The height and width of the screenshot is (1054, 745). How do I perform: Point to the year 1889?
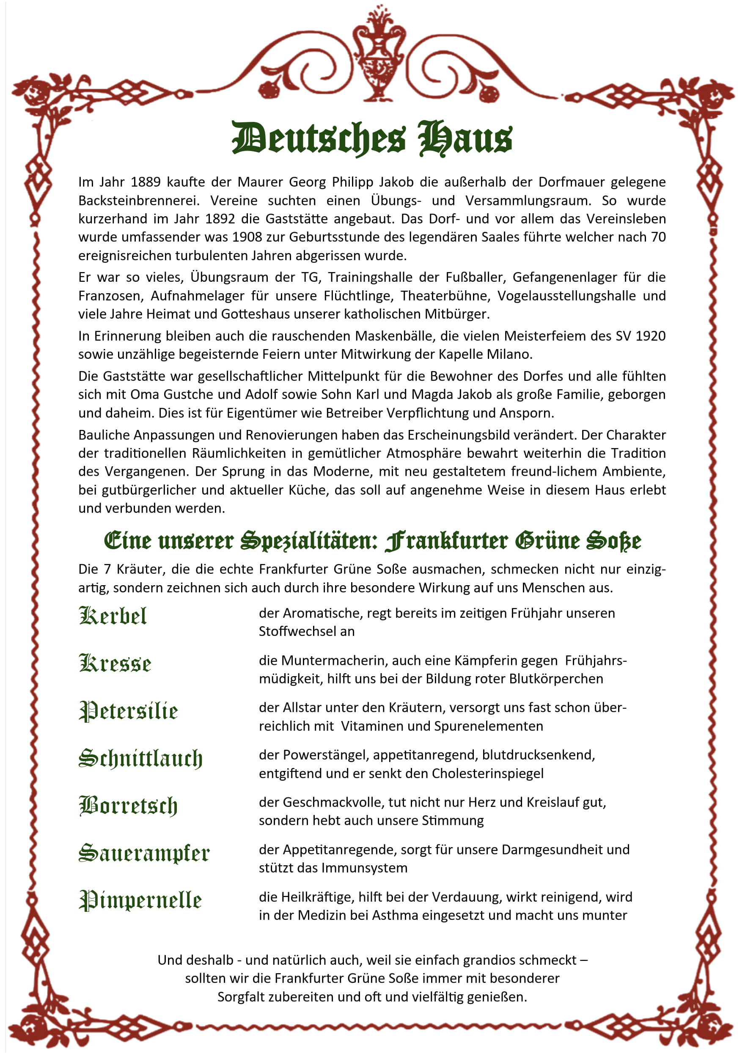click(146, 182)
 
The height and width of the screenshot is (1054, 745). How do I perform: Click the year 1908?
click(247, 237)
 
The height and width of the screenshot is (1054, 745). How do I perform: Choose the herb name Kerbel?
click(113, 616)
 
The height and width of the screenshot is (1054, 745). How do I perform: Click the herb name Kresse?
click(115, 663)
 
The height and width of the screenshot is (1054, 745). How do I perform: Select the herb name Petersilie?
click(129, 711)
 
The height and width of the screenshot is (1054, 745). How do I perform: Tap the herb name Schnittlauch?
click(140, 758)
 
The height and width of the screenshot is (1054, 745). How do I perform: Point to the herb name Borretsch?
click(128, 806)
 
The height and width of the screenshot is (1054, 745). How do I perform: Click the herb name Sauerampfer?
click(144, 853)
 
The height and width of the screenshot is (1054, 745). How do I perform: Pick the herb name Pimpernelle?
click(140, 901)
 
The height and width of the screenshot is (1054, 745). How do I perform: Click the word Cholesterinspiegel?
click(487, 773)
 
